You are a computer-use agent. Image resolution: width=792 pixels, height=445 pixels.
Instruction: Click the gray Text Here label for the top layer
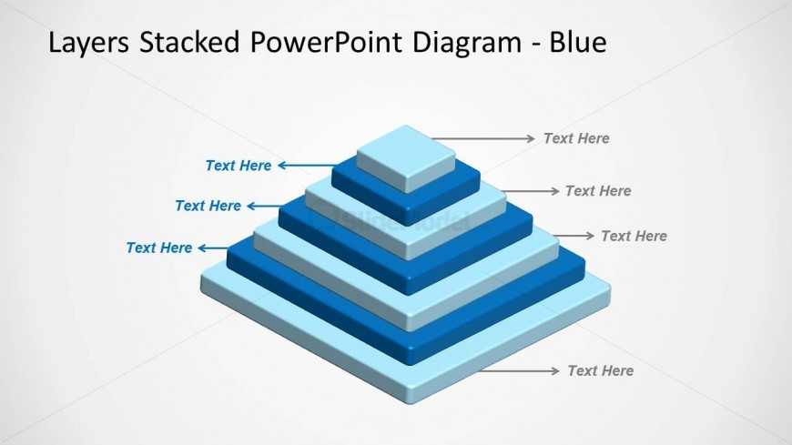coord(576,138)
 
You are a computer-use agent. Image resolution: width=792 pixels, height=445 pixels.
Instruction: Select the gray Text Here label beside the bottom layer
coord(600,370)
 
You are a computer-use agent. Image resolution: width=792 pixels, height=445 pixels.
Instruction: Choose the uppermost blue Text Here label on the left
coord(238,166)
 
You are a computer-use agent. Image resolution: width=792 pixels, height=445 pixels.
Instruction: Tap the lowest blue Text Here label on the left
coord(158,248)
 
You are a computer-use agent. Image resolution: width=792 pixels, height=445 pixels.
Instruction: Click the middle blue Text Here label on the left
coord(208,206)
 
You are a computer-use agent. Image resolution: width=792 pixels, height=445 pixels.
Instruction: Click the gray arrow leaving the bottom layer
coord(519,370)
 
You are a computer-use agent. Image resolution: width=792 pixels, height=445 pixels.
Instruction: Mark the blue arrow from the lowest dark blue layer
coord(213,248)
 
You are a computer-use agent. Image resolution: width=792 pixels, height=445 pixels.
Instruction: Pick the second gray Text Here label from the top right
coord(598,191)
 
